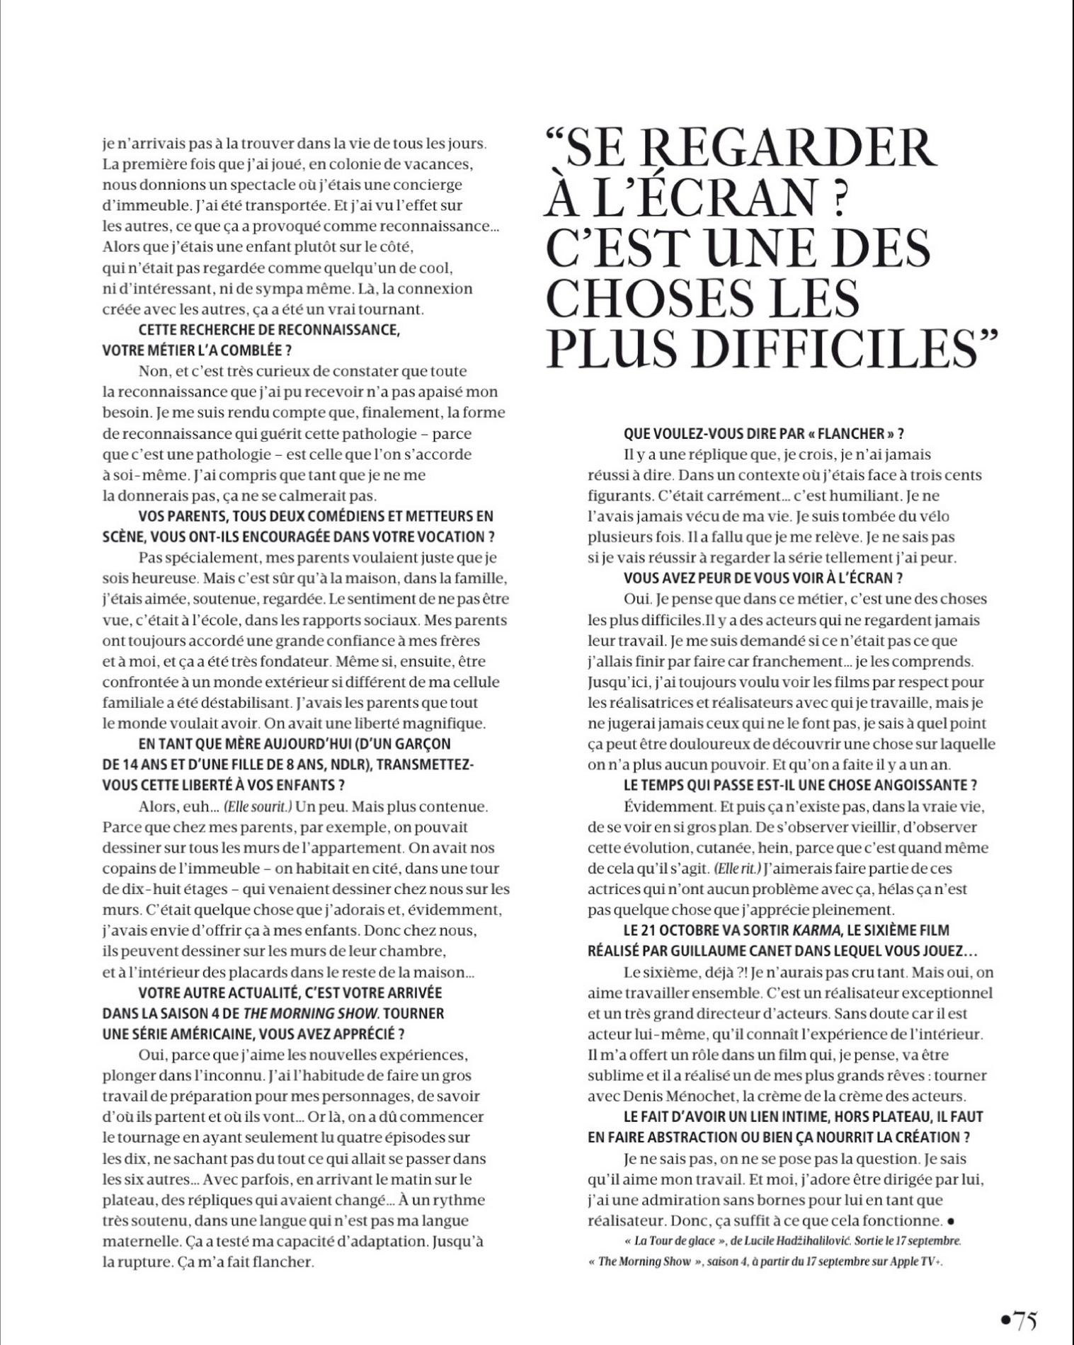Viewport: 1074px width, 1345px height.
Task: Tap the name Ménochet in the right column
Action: coord(686,1096)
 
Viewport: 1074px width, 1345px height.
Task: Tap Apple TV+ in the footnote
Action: coord(918,1261)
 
